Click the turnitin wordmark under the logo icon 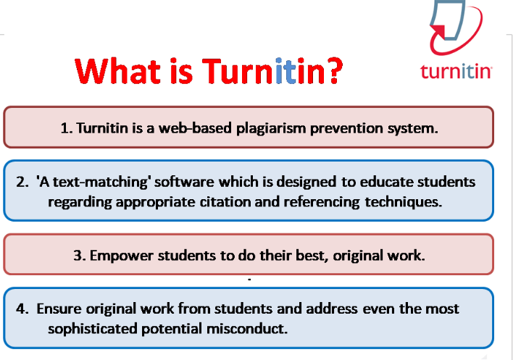(x=457, y=71)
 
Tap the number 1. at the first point (x=67, y=128)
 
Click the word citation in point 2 (x=228, y=201)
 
